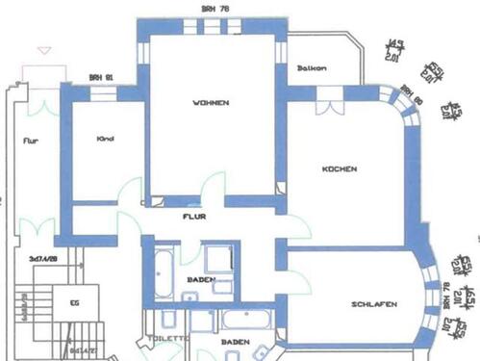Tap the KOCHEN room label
(x=341, y=168)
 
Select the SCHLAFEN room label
(x=374, y=305)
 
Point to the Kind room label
(x=106, y=139)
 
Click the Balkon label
(x=312, y=67)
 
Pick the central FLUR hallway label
(x=195, y=217)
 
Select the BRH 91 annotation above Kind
(x=100, y=77)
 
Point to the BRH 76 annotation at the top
(x=215, y=9)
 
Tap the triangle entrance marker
(x=41, y=49)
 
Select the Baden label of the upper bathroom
(x=201, y=281)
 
